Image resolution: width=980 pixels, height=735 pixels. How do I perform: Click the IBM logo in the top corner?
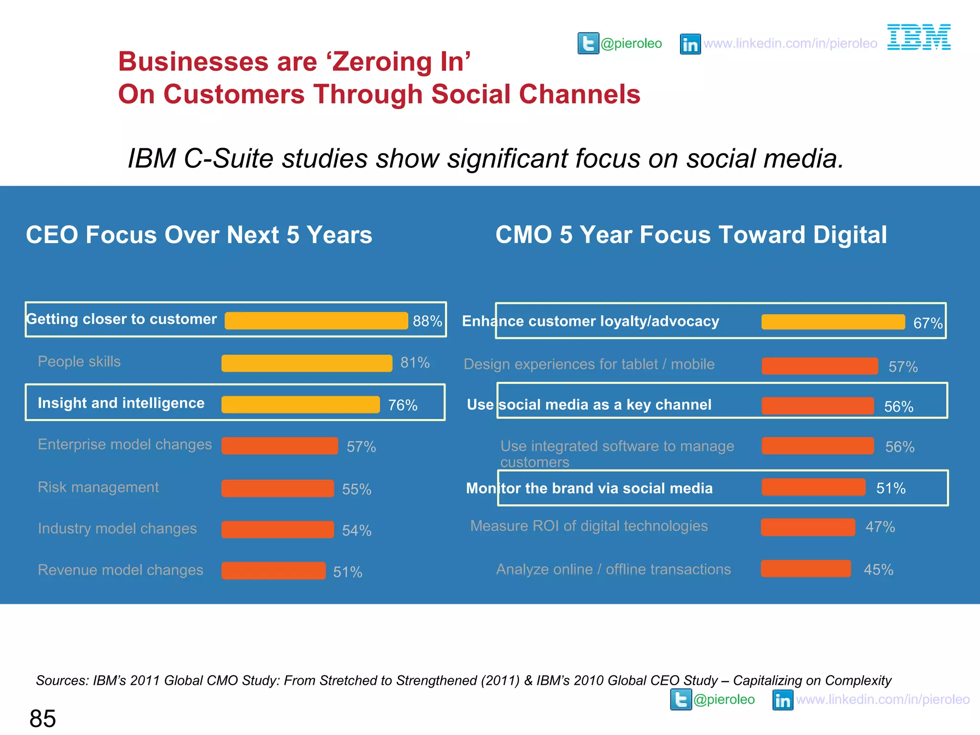click(x=919, y=37)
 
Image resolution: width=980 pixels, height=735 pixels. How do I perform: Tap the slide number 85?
click(x=43, y=718)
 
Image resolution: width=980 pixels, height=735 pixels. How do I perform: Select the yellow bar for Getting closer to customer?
click(x=316, y=321)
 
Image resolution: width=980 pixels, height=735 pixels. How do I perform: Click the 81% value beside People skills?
click(x=415, y=363)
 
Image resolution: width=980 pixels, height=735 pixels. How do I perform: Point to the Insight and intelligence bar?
click(x=301, y=404)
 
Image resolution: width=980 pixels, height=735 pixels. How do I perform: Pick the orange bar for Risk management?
click(x=278, y=489)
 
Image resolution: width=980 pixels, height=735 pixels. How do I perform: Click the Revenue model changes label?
click(x=121, y=570)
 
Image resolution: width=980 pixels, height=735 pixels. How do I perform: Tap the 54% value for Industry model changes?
click(x=356, y=530)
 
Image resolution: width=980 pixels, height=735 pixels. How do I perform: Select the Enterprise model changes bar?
click(x=279, y=445)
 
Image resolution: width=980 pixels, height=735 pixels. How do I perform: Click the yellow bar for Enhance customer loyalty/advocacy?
click(x=833, y=322)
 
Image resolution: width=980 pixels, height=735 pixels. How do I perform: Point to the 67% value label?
click(x=927, y=323)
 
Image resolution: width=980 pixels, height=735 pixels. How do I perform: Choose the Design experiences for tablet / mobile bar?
click(x=820, y=366)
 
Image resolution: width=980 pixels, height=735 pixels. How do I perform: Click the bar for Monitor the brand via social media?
click(x=813, y=487)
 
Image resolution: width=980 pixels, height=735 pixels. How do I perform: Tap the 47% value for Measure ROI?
click(x=880, y=527)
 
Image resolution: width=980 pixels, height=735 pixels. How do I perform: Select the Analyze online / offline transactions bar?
click(x=806, y=568)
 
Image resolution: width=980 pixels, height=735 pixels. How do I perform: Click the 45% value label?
click(x=878, y=569)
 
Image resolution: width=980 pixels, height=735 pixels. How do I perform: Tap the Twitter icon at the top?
click(x=588, y=44)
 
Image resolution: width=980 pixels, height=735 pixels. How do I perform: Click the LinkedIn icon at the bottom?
click(x=783, y=700)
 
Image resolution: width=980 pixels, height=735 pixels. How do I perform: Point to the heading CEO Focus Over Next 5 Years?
click(x=199, y=235)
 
